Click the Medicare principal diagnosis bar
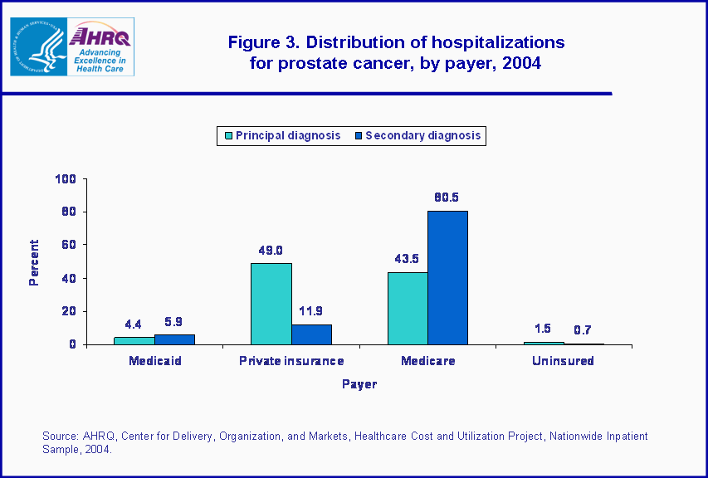(x=408, y=308)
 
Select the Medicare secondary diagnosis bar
(x=448, y=277)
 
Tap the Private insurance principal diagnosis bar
(x=271, y=304)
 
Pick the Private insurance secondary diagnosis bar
(x=311, y=334)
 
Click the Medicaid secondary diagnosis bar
(x=174, y=339)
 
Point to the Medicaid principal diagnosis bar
(x=134, y=340)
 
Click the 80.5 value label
(x=448, y=197)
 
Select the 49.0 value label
(x=271, y=250)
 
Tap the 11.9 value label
(x=311, y=311)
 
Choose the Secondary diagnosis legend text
(x=422, y=135)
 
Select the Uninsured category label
(x=564, y=361)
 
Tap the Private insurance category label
(x=291, y=361)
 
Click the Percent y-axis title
(x=34, y=262)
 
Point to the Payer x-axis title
(x=359, y=384)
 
